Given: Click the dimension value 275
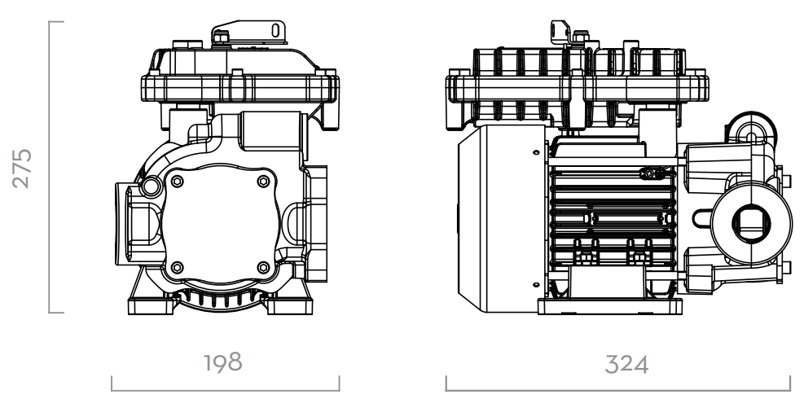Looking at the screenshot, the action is (22, 169).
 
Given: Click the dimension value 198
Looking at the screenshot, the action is (223, 362).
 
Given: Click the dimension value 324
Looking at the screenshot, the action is (626, 365).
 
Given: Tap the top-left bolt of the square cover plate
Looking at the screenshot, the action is (177, 181).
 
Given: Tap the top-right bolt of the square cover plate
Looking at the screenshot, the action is (263, 181).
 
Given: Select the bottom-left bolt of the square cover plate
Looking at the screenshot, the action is (177, 267).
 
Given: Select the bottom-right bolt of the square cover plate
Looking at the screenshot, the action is (263, 267).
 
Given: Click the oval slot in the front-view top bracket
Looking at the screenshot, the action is (275, 30).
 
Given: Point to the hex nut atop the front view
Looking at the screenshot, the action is (221, 37).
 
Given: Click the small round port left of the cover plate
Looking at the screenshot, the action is (152, 186).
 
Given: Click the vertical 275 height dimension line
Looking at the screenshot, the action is (50, 167).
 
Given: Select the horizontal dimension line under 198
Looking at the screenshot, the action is (225, 390).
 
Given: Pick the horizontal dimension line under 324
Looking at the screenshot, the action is (618, 390).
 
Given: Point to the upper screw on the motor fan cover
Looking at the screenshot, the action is (536, 152).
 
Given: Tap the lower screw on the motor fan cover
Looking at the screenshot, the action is (536, 285).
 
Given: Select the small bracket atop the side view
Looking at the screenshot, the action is (560, 32).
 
